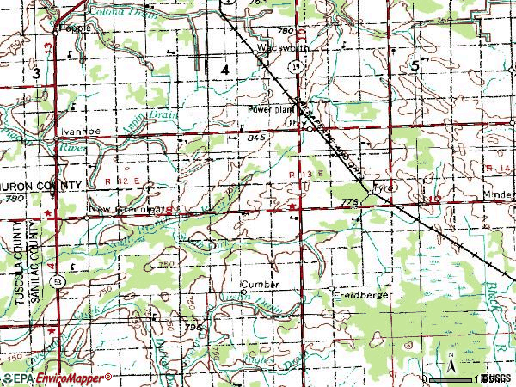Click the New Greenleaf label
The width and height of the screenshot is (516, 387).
[x=130, y=209]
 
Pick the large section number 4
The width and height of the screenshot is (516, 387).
[x=225, y=68]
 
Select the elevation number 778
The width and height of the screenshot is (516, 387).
[x=348, y=201]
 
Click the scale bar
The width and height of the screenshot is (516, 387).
[x=470, y=377]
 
